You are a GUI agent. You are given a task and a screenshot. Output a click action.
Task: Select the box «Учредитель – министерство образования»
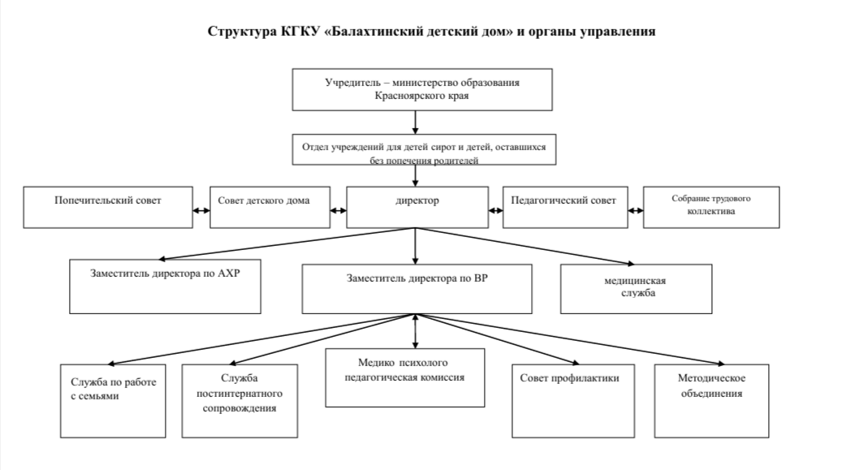(x=422, y=90)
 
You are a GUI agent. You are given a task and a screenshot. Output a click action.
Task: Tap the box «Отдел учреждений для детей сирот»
(x=424, y=149)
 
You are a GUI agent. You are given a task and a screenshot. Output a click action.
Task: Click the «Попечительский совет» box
(x=108, y=207)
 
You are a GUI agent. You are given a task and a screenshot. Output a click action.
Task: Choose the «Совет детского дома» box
(x=270, y=207)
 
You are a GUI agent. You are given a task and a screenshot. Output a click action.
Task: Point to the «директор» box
(x=417, y=207)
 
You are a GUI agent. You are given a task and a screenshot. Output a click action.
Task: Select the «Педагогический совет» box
(x=565, y=207)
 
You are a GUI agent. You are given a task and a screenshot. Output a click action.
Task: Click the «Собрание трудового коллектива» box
(x=711, y=207)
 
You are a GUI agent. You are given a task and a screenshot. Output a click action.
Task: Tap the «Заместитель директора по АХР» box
(x=165, y=287)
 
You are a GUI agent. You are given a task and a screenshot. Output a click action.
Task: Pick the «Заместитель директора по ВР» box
(x=417, y=289)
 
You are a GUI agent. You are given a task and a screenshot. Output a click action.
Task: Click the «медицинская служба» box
(x=637, y=289)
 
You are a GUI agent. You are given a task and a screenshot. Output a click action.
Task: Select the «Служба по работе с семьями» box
(x=113, y=401)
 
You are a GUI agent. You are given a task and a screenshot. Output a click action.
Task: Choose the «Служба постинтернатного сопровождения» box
(x=240, y=401)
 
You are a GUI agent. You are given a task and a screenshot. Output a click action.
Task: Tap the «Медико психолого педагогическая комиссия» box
(x=405, y=377)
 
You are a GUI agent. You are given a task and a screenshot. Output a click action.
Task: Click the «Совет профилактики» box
(x=573, y=401)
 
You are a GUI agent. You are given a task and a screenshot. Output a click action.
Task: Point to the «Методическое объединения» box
(x=711, y=401)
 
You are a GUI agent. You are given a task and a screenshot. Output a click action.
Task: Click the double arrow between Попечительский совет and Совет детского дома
(x=201, y=210)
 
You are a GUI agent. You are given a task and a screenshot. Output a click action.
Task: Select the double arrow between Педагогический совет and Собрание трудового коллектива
(x=635, y=210)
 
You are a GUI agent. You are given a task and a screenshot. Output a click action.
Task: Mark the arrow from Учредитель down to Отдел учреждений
(x=415, y=123)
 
